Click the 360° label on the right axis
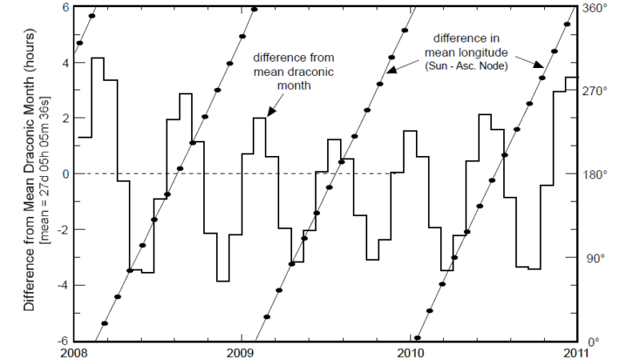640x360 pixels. coord(595,7)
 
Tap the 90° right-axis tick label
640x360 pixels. coord(593,258)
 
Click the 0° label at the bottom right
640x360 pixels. coord(590,342)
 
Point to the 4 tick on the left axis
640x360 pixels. coord(66,62)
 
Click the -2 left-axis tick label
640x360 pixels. coord(63,230)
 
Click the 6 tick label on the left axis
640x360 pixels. coord(66,7)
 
